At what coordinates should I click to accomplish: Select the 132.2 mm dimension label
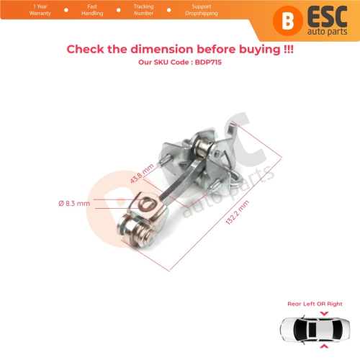(238, 217)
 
